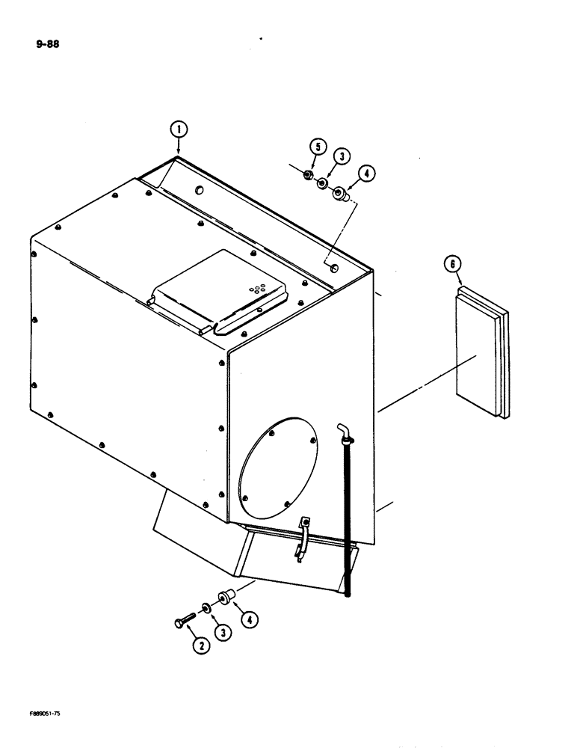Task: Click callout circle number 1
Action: coord(178,129)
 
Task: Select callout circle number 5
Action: coord(315,146)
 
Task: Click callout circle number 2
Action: coord(200,645)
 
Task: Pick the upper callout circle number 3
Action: coord(341,156)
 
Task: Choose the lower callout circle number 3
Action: coord(223,632)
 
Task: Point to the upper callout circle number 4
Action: coord(365,174)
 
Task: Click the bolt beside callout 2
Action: coord(183,619)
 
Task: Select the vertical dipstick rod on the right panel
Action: coord(348,516)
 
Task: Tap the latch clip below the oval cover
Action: coord(303,536)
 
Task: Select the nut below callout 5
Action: coord(307,176)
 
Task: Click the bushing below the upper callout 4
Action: coord(340,194)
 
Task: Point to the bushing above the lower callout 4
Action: coord(226,597)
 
